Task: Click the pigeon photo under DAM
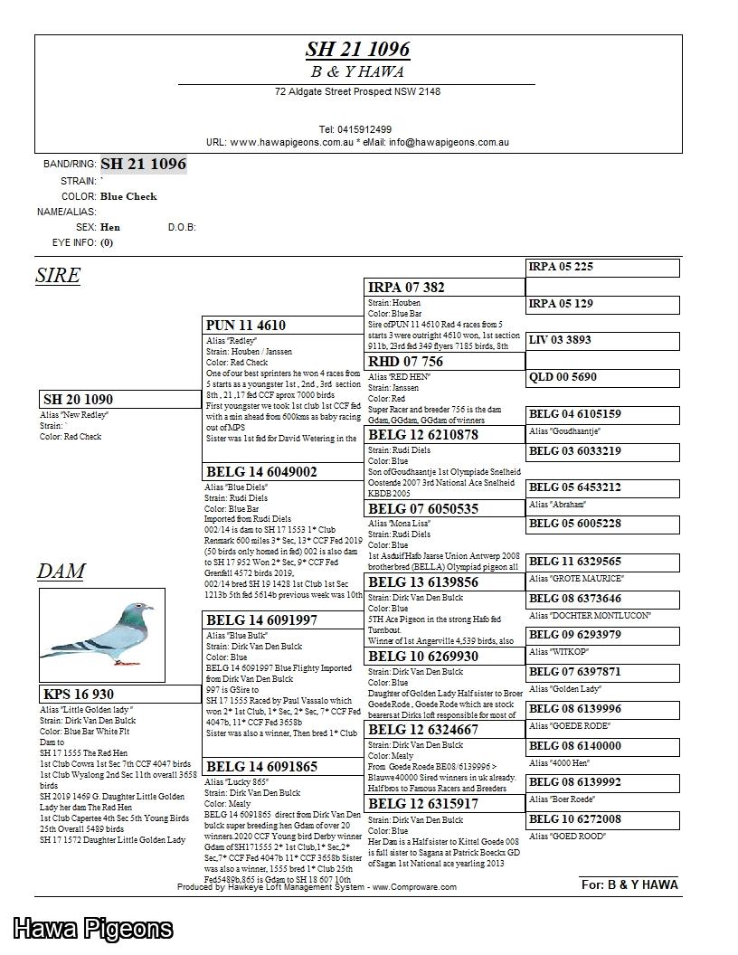[102, 635]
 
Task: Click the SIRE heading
[58, 276]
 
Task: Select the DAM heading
[61, 571]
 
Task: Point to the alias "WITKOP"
[559, 652]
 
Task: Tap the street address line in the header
[357, 91]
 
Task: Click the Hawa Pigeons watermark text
[92, 929]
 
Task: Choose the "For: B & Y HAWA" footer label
[629, 884]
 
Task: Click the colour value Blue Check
[128, 196]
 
